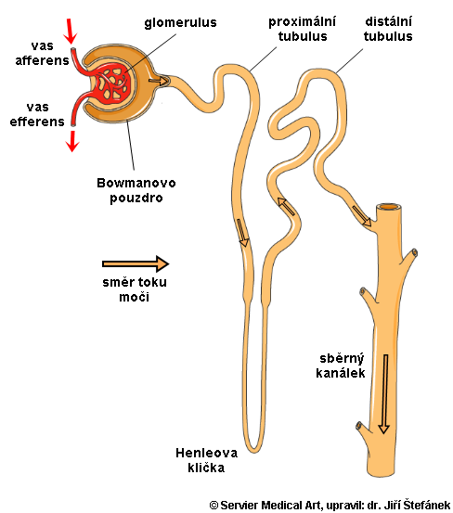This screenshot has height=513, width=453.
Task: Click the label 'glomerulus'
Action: tap(180, 23)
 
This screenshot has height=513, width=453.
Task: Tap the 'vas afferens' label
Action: tap(42, 53)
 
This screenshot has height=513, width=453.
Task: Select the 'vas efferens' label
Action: tap(37, 114)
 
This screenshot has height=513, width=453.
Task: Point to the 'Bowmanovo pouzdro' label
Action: tap(136, 191)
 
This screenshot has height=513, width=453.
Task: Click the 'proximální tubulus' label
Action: tap(302, 29)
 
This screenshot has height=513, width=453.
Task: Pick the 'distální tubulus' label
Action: tap(388, 29)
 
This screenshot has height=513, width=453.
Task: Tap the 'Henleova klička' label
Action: tap(206, 460)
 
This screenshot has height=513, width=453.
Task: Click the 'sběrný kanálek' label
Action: tap(341, 366)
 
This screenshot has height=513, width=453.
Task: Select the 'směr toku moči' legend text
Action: tap(135, 289)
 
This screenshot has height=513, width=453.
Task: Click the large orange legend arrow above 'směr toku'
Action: tap(136, 263)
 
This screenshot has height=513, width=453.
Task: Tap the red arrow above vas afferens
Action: tap(71, 32)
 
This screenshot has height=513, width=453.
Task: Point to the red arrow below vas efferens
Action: tap(72, 141)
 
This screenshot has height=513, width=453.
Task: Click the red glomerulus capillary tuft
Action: tap(113, 83)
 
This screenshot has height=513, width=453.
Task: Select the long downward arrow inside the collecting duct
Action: tap(384, 394)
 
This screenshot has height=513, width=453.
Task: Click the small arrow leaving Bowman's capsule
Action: tap(158, 81)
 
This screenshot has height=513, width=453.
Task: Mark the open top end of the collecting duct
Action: tap(389, 207)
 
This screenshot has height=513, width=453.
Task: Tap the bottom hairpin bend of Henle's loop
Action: tap(254, 449)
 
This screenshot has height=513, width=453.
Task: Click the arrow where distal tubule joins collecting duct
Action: tap(362, 215)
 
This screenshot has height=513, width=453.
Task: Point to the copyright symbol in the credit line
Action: tap(214, 506)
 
